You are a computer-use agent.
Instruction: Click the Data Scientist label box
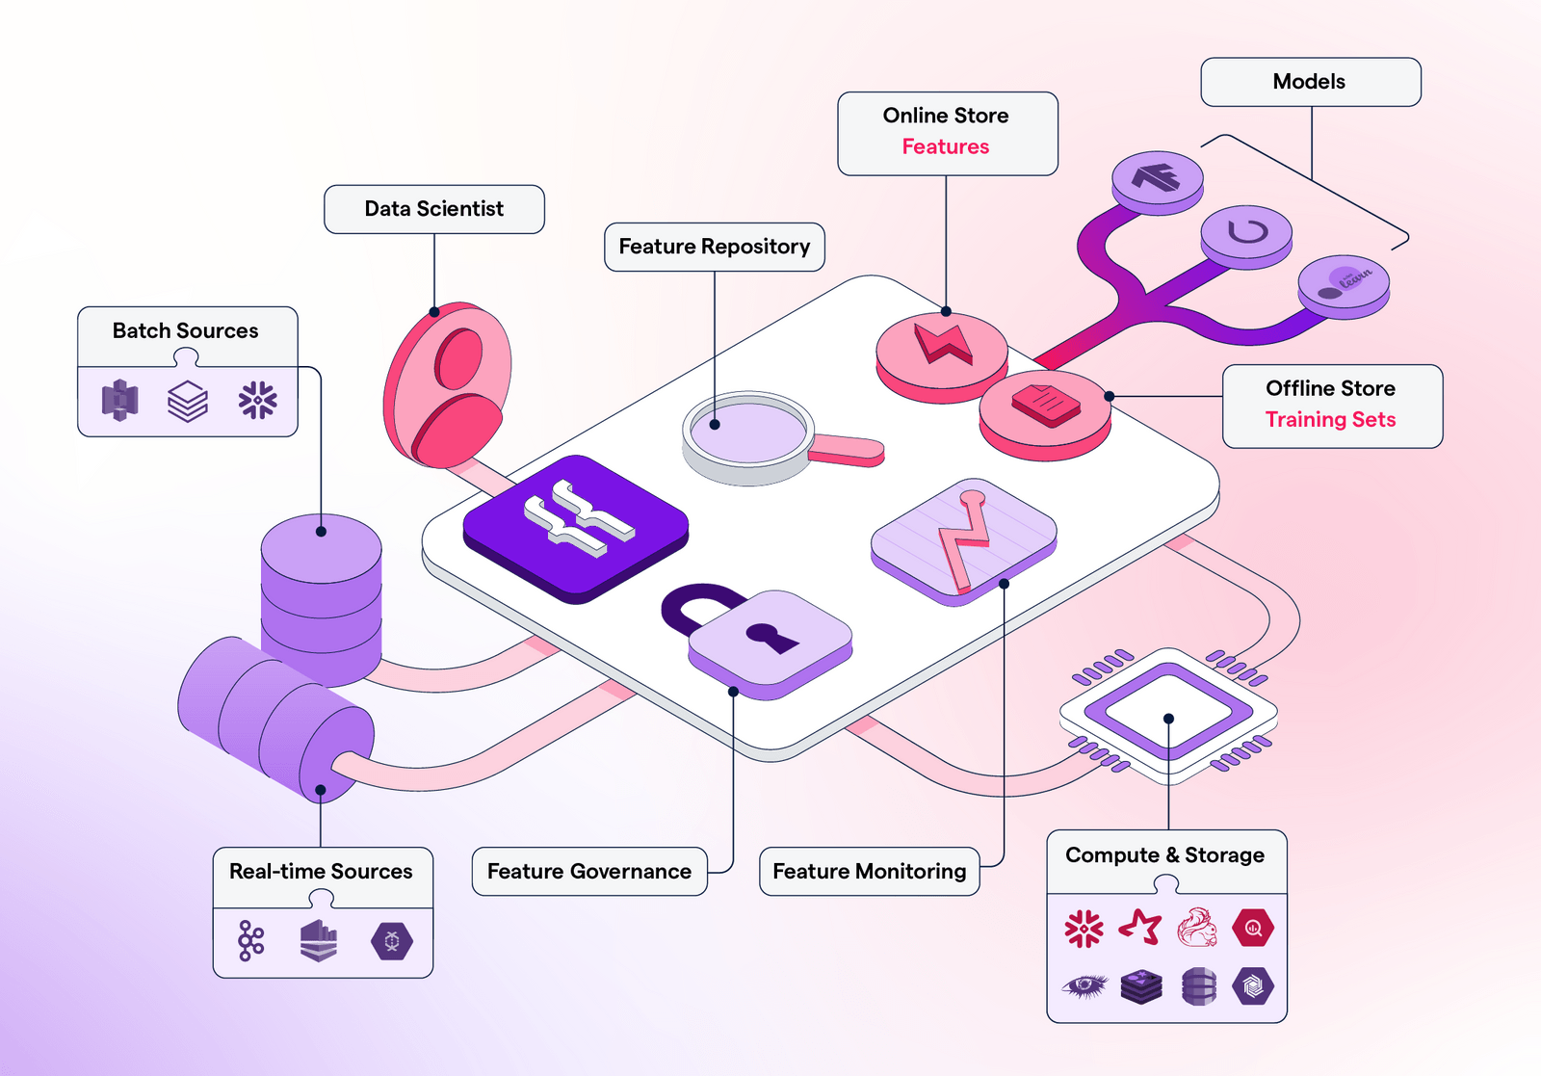click(433, 209)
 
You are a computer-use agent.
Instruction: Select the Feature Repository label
click(714, 247)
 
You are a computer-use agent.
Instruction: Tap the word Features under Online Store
click(945, 146)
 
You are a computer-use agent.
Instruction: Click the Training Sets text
click(1330, 419)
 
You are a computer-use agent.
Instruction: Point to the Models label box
click(1310, 82)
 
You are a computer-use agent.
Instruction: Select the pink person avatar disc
click(449, 385)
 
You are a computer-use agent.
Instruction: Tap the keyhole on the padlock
click(771, 637)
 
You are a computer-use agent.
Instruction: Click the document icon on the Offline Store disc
click(1046, 404)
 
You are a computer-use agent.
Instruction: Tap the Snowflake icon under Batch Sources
click(257, 400)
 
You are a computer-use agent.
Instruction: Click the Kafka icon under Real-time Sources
click(250, 941)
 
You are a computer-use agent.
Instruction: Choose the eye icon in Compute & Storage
click(1084, 985)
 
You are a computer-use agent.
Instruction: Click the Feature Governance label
click(589, 872)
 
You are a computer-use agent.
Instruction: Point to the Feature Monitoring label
click(869, 872)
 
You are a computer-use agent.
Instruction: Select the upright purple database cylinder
click(322, 597)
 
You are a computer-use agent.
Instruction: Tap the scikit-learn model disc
click(1344, 282)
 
